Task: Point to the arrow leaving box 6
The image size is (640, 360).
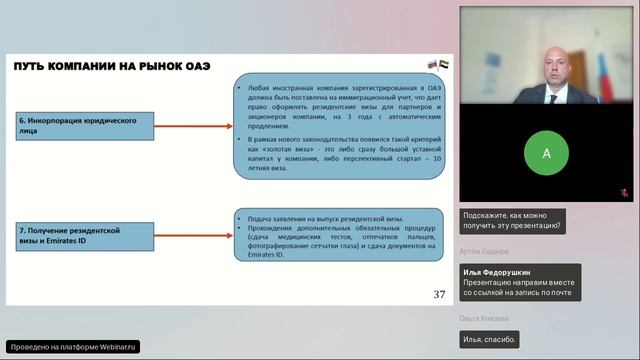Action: [x=195, y=126]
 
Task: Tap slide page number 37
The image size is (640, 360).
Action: [x=439, y=294]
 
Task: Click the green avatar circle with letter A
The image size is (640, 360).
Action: [x=545, y=154]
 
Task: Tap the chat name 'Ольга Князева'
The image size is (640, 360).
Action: [x=485, y=319]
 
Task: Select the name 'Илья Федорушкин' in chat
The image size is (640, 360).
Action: [x=497, y=271]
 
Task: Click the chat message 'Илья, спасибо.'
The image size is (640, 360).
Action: [x=490, y=340]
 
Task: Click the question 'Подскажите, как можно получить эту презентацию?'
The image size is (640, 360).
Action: [x=512, y=220]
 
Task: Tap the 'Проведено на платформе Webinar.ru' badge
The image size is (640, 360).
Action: [x=73, y=346]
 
